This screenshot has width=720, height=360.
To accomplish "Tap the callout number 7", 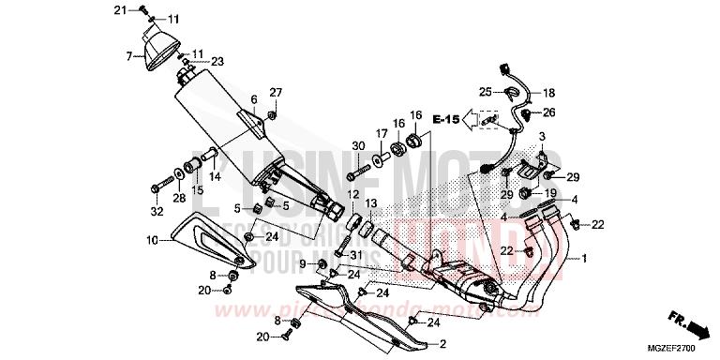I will coord(129,56).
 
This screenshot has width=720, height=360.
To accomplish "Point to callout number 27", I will coord(276,92).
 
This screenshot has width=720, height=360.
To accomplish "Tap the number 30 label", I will coord(357,145).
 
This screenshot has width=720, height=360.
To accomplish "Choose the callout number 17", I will coord(382,133).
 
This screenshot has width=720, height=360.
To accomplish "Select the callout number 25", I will coord(485,91).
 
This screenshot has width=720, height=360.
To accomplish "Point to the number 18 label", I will coord(548,93).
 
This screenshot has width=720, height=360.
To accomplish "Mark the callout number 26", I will coord(549,112).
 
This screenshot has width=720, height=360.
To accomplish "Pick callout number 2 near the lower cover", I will coord(442,342).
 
